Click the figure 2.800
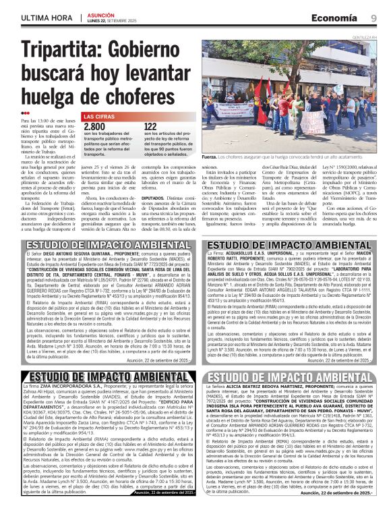(94, 127)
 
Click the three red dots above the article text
(25, 113)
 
